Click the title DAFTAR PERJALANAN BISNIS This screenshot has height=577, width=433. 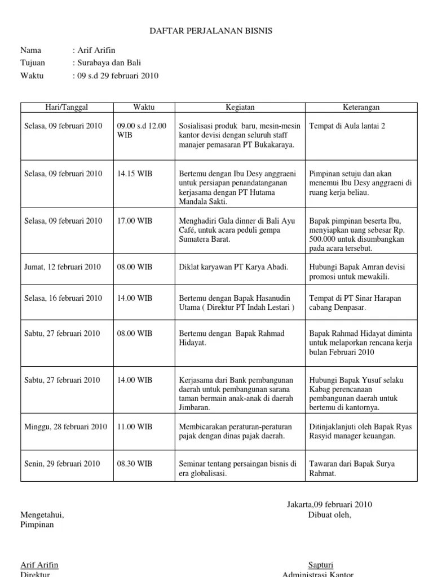(210, 31)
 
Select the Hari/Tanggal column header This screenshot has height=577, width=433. (67, 107)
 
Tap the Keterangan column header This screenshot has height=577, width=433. (361, 107)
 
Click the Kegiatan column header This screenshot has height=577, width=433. (240, 107)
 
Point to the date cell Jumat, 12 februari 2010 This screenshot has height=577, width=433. (62, 267)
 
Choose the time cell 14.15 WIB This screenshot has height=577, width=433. (135, 174)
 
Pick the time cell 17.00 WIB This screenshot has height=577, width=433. (135, 221)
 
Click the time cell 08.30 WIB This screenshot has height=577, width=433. (135, 464)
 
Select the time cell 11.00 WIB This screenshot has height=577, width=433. (135, 427)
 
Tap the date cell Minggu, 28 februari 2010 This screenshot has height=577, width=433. (65, 427)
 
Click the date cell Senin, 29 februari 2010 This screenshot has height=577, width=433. (62, 464)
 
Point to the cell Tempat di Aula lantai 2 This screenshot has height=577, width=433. (347, 126)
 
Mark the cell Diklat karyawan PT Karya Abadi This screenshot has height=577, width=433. (233, 267)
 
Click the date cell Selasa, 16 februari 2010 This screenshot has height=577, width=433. (62, 298)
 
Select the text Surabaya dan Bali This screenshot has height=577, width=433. (105, 63)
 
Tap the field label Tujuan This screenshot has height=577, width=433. (33, 63)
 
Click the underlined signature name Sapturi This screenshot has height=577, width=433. (320, 565)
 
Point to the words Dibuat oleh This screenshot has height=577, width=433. (329, 514)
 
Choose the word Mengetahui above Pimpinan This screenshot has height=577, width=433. (42, 515)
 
